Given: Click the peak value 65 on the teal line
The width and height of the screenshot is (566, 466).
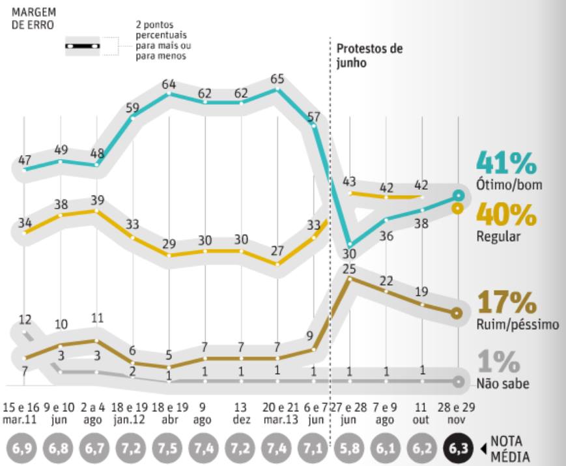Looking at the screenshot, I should tap(277, 79).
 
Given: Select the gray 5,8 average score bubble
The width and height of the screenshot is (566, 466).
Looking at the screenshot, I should tap(350, 449).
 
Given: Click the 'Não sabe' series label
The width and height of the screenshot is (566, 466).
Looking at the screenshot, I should tap(503, 384).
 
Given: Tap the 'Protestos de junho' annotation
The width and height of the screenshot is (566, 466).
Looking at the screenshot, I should tap(369, 56).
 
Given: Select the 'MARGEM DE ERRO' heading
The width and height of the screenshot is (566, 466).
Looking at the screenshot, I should tap(33, 18).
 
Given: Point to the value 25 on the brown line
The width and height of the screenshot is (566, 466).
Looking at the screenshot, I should tap(350, 269).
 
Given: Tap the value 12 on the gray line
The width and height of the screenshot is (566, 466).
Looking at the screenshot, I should tap(25, 320).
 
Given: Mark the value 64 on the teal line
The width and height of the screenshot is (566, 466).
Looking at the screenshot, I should tap(169, 84).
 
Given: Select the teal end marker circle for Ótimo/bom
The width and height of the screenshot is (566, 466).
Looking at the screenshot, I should tap(459, 196).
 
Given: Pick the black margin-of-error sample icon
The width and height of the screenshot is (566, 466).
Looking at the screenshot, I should tap(81, 46).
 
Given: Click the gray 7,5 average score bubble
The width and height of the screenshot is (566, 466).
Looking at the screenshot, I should tap(169, 449).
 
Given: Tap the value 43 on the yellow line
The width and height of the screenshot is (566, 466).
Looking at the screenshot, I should tap(350, 181).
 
